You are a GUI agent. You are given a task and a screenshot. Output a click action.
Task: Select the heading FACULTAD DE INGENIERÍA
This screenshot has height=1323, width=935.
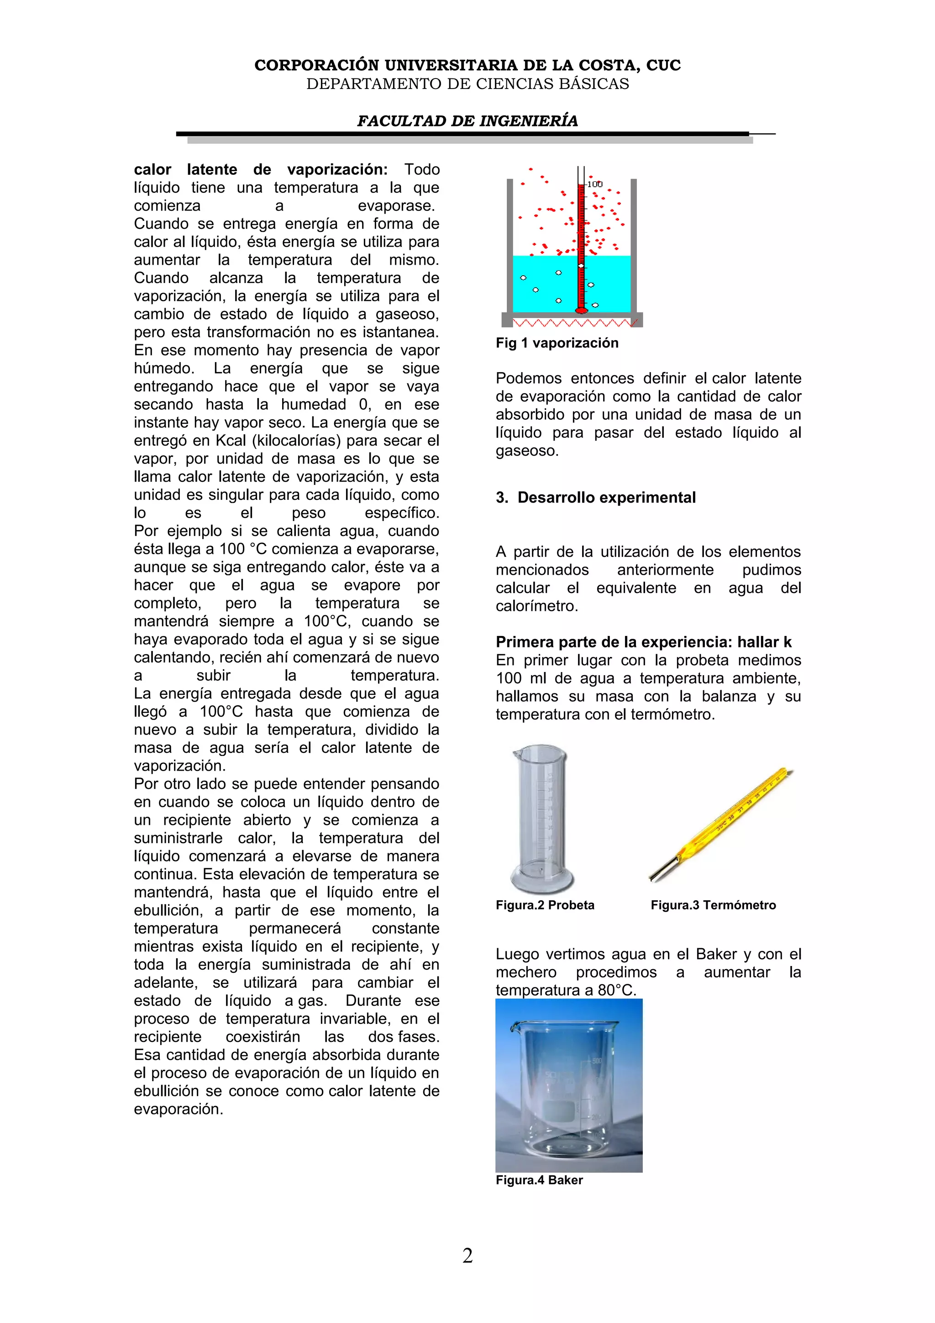(x=467, y=121)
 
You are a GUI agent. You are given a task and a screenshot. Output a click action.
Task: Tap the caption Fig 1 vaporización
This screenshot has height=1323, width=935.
(x=557, y=343)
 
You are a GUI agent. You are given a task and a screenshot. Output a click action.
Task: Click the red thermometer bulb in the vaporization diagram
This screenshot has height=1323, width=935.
(x=581, y=310)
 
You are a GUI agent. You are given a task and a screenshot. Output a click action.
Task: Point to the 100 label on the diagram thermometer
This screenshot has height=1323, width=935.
(x=594, y=184)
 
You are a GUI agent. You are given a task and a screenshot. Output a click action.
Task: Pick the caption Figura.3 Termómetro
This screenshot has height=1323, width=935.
(x=713, y=905)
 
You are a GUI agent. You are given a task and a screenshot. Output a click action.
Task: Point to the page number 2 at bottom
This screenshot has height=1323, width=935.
(x=467, y=1255)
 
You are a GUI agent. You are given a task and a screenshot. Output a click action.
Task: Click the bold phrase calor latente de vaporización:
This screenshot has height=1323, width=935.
(x=260, y=169)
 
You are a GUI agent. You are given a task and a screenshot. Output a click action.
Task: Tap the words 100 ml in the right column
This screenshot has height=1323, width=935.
(x=521, y=678)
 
